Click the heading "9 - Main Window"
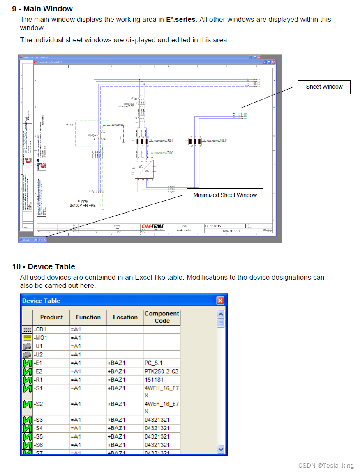pyautogui.click(x=42, y=9)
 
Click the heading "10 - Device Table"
pyautogui.click(x=44, y=266)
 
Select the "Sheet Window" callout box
pyautogui.click(x=324, y=87)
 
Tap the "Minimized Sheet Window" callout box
pyautogui.click(x=225, y=195)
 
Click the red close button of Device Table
pyautogui.click(x=221, y=301)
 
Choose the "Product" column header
pyautogui.click(x=51, y=317)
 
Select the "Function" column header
pyautogui.click(x=88, y=317)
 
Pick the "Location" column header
pyautogui.click(x=125, y=317)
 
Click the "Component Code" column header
pyautogui.click(x=162, y=317)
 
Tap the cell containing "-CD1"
pyautogui.click(x=51, y=329)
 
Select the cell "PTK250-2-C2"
pyautogui.click(x=162, y=371)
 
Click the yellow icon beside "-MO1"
pyautogui.click(x=27, y=338)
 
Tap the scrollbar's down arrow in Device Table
pyautogui.click(x=221, y=449)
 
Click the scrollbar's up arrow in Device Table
pyautogui.click(x=221, y=314)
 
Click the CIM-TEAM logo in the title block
pyautogui.click(x=152, y=227)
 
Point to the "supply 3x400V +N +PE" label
pyautogui.click(x=83, y=203)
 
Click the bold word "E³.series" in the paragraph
pyautogui.click(x=181, y=19)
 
